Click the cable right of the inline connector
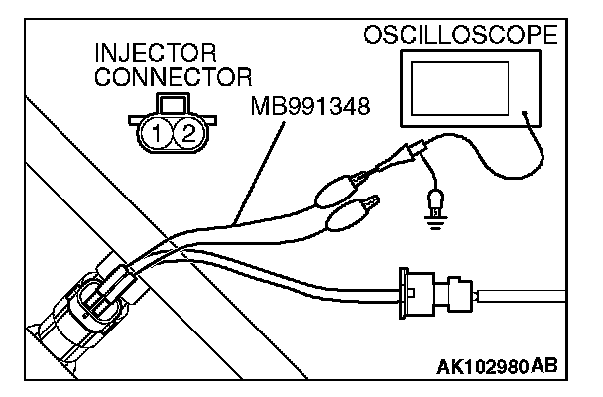536,294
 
